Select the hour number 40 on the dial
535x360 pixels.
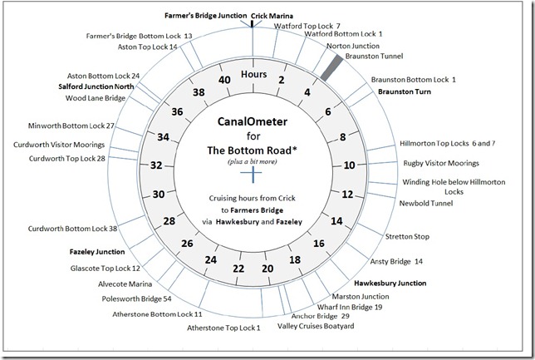(223, 79)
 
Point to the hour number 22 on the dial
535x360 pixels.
(238, 269)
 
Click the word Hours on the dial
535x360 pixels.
(253, 75)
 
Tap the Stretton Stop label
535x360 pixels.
(407, 237)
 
